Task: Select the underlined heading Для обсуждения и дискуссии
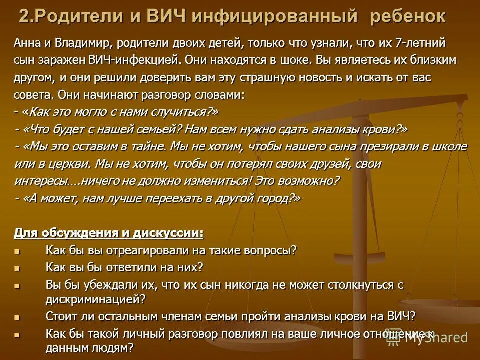pyautogui.click(x=109, y=233)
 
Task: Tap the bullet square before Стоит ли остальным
pyautogui.click(x=18, y=317)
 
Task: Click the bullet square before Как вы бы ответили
pyautogui.click(x=18, y=268)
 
